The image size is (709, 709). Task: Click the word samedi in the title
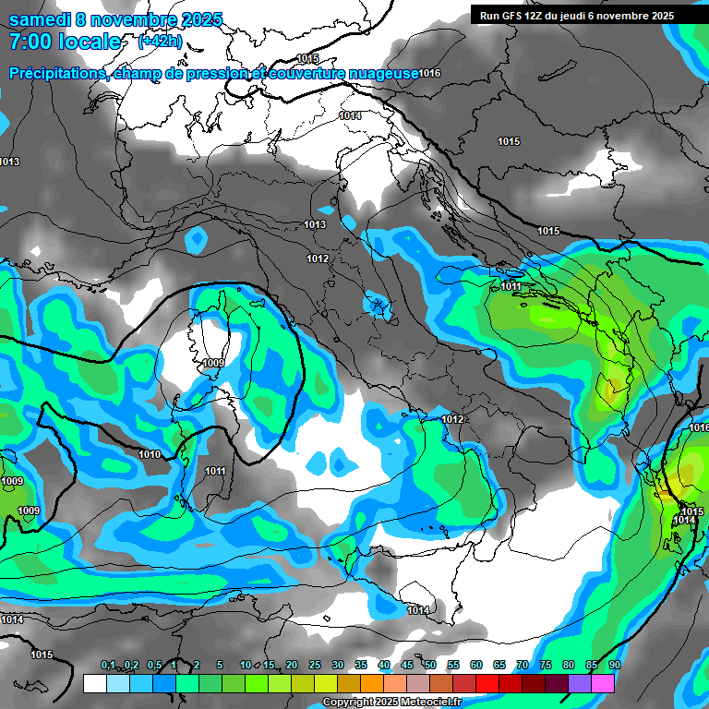(x=38, y=18)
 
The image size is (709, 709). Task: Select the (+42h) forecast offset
(x=160, y=42)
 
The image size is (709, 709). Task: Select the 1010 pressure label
(x=150, y=454)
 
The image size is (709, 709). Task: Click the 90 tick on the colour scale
(x=614, y=665)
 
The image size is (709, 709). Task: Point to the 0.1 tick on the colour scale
(x=107, y=665)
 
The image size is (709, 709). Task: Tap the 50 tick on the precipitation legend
(x=430, y=665)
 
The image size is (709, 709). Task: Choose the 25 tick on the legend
(x=315, y=665)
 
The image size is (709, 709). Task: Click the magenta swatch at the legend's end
(x=603, y=683)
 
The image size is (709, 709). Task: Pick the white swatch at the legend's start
(x=94, y=683)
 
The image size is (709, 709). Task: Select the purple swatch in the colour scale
(x=580, y=683)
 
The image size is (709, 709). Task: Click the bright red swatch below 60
(x=487, y=683)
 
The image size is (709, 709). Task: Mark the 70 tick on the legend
(x=523, y=665)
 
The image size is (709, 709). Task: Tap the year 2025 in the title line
(x=202, y=18)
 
